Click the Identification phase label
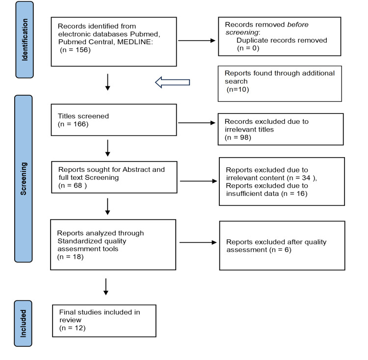pos(25,39)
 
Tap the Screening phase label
pos(24,179)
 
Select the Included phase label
pos(23,323)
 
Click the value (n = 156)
pos(76,50)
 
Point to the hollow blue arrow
pos(173,82)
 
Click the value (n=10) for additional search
pos(238,89)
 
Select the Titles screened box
pos(114,120)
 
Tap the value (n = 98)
pos(238,137)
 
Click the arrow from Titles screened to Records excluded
pos(197,123)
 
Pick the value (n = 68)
pos(73,186)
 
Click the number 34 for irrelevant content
pos(306,178)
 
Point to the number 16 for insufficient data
pos(300,194)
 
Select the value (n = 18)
pos(70,256)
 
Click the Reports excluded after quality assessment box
pos(282,246)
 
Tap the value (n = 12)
pos(72,328)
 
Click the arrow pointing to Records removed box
pos(197,41)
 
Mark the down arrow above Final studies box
pos(106,287)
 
